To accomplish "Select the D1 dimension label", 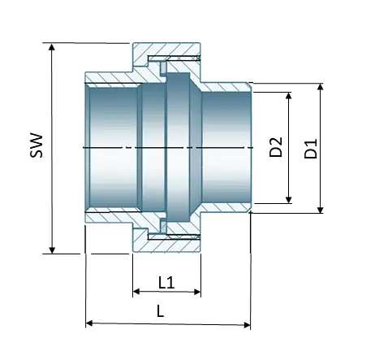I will pos(310,148).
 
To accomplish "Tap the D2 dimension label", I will pos(276,148).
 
